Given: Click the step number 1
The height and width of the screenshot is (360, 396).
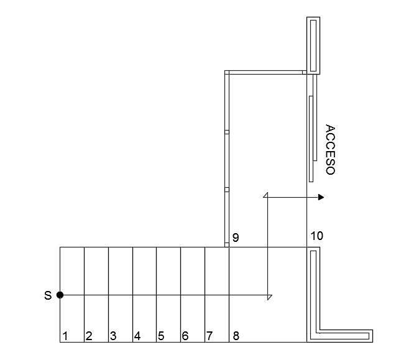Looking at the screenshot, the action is tap(65, 336).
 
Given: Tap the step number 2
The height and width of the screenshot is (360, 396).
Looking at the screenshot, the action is tap(89, 336).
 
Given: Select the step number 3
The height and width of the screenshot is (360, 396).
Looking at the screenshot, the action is tap(113, 336).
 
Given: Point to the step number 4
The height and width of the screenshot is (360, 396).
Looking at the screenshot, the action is tap(137, 336).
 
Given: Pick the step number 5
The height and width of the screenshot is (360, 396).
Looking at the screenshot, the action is tap(161, 336).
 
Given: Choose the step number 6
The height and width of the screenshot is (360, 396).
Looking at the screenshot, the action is tap(185, 336).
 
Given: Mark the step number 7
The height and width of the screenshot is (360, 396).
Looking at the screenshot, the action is tap(210, 336).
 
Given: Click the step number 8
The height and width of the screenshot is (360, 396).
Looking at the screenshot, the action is tap(236, 336).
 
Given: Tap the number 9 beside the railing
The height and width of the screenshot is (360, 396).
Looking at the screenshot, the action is tap(236, 238).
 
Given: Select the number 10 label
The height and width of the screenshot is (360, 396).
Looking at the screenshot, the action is tap(316, 236).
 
